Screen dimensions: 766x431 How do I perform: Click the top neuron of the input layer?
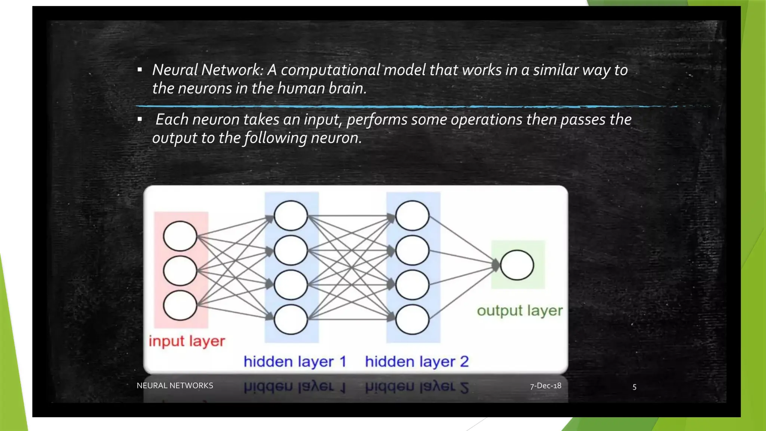tap(180, 236)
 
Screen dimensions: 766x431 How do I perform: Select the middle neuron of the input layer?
tap(180, 271)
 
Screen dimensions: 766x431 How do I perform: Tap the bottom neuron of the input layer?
tap(180, 305)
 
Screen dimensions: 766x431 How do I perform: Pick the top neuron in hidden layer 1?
tap(291, 215)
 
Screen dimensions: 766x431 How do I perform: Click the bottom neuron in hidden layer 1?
tap(291, 319)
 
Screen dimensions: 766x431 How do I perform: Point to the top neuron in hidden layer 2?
tap(412, 215)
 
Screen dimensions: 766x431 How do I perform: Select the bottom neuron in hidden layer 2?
tap(412, 319)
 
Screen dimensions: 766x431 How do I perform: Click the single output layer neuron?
tap(517, 265)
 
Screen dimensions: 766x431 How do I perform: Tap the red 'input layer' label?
tap(187, 341)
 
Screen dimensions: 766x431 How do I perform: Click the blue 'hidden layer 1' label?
tap(295, 361)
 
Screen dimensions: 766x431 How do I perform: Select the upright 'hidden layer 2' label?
tap(417, 361)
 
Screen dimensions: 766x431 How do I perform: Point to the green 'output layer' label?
tap(520, 311)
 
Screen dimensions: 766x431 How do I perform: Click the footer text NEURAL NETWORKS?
tap(175, 386)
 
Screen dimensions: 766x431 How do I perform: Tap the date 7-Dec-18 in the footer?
tap(545, 386)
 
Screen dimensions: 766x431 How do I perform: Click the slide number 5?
tap(634, 387)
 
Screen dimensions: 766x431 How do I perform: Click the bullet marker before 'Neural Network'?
tap(140, 70)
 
